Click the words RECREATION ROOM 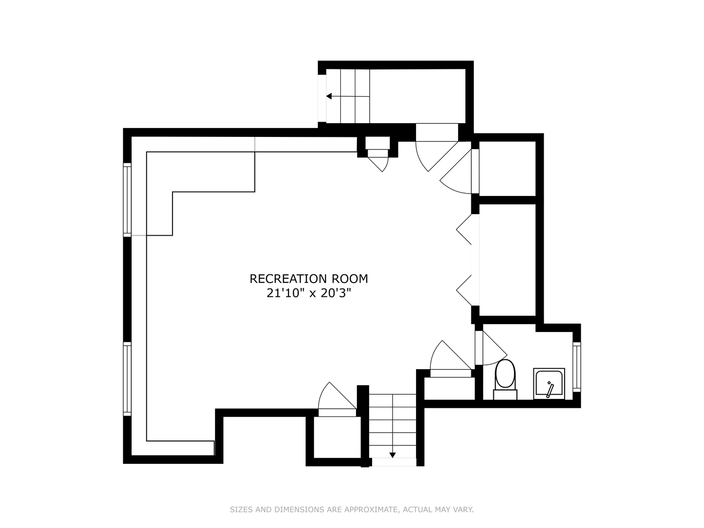[308, 279]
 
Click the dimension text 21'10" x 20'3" [308, 293]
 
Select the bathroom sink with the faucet [549, 383]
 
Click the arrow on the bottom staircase [392, 455]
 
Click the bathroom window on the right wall [577, 367]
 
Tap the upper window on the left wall [127, 199]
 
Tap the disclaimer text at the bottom [352, 509]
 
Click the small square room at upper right [507, 168]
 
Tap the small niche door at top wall [378, 157]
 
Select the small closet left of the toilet [449, 389]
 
